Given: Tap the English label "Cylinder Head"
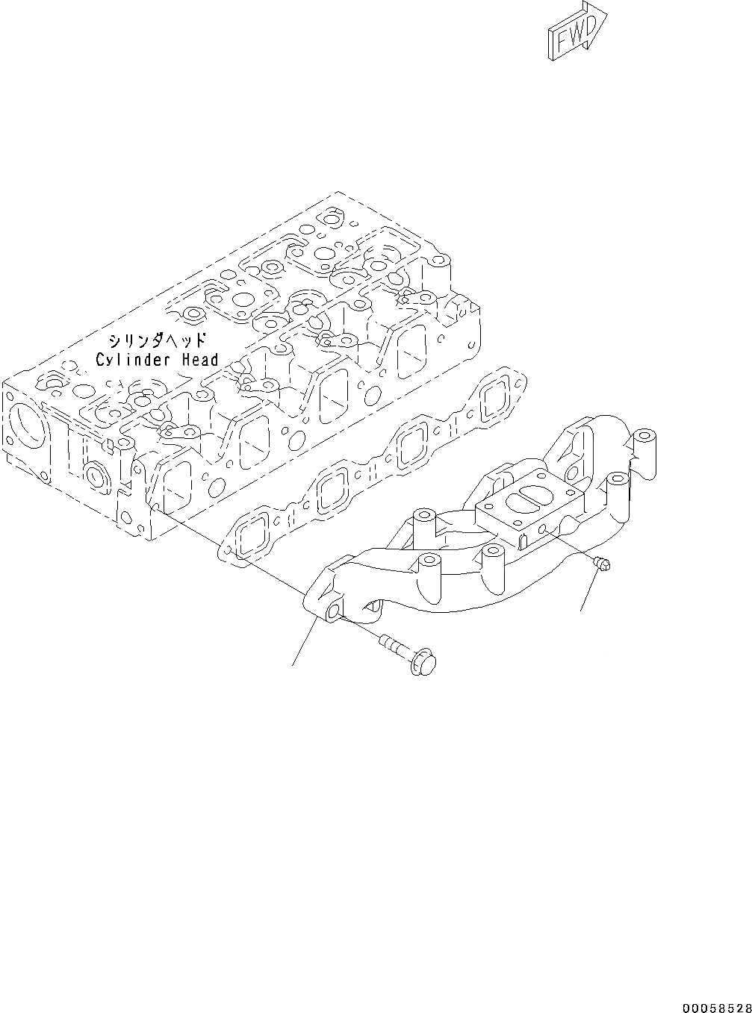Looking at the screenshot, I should [158, 360].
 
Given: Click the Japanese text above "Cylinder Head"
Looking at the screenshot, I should [157, 341].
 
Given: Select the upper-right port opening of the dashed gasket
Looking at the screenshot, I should [492, 401].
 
